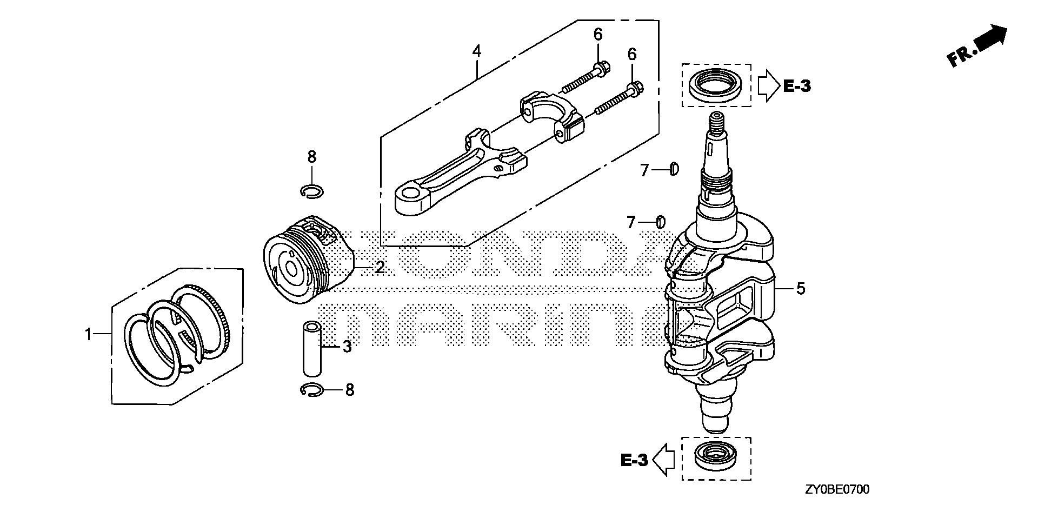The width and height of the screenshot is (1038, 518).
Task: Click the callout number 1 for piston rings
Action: tap(88, 335)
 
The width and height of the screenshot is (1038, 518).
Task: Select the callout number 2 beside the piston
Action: tap(380, 267)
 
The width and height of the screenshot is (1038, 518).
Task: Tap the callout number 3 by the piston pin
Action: tap(347, 347)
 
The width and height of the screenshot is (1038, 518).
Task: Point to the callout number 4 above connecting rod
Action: tap(476, 51)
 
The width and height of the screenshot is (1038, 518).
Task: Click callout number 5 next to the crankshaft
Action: tap(801, 289)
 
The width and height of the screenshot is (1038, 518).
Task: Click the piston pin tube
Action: tap(312, 349)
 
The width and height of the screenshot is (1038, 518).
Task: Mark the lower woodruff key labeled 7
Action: tap(660, 221)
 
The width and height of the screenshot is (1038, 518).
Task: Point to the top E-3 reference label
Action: tap(797, 86)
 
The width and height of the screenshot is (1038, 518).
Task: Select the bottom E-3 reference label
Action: tap(634, 460)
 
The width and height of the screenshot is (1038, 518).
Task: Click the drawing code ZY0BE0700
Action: tap(837, 490)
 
